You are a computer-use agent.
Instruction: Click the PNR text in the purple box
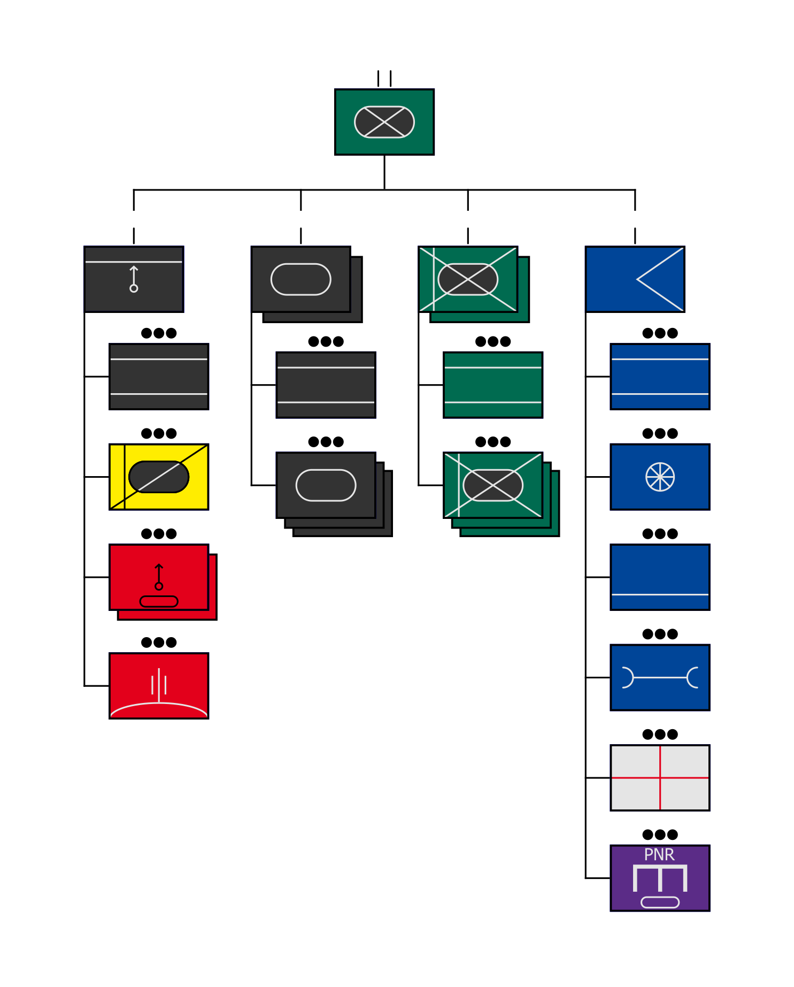click(659, 854)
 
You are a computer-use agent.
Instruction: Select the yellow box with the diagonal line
click(159, 477)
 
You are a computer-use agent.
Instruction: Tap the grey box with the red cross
click(660, 777)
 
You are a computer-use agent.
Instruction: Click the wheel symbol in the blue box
click(660, 477)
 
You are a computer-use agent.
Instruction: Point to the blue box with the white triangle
click(635, 279)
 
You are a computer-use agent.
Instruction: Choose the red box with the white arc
click(159, 685)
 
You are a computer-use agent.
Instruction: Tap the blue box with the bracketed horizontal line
click(660, 677)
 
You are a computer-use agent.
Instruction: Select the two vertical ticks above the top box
click(384, 78)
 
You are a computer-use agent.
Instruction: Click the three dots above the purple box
click(660, 835)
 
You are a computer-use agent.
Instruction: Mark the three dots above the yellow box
click(159, 433)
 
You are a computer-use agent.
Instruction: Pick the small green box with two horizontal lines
click(492, 385)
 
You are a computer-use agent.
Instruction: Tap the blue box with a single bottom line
click(660, 577)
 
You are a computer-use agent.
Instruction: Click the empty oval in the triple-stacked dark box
click(326, 485)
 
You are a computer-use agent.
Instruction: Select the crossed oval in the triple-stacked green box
click(492, 485)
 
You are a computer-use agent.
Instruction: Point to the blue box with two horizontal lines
click(660, 377)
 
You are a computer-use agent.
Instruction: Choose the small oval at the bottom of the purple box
click(660, 902)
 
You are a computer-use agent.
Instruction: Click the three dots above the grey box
click(660, 734)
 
